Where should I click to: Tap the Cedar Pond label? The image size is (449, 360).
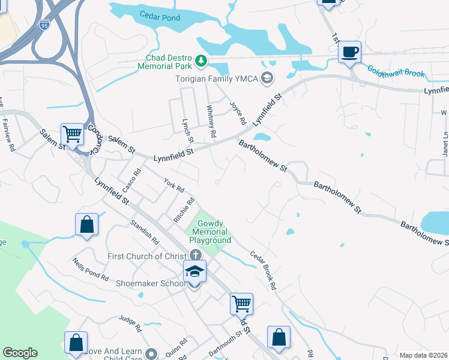pyautogui.click(x=160, y=17)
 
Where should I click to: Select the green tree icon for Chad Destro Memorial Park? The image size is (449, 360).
pyautogui.click(x=202, y=61)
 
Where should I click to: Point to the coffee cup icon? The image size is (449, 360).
pyautogui.click(x=349, y=52)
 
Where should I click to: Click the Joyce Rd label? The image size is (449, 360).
pyautogui.click(x=238, y=113)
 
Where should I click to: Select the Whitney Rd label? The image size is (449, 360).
pyautogui.click(x=211, y=120)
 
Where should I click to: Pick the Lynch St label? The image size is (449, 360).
pyautogui.click(x=188, y=130)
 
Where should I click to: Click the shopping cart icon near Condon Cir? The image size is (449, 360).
pyautogui.click(x=73, y=134)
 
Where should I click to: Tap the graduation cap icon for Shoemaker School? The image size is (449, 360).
pyautogui.click(x=195, y=271)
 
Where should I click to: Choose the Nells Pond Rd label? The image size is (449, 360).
pyautogui.click(x=91, y=270)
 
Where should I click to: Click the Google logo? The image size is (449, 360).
pyautogui.click(x=20, y=353)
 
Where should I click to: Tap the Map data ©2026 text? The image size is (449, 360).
pyautogui.click(x=423, y=355)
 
